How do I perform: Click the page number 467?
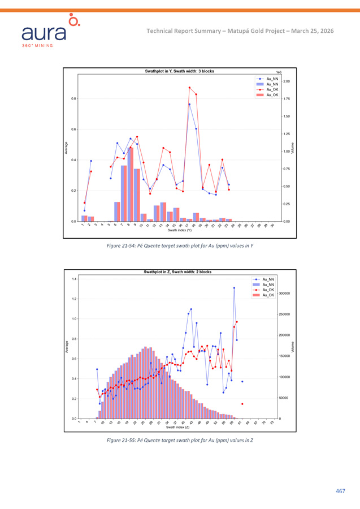coord(340,490)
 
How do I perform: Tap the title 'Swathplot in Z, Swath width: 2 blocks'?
coord(177,272)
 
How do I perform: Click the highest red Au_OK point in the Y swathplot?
coord(189,88)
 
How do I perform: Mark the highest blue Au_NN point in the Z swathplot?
coord(234,288)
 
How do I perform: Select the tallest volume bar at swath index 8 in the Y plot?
coord(131,184)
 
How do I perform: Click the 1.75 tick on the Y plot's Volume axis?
coord(287,99)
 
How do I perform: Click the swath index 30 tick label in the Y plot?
coord(272,226)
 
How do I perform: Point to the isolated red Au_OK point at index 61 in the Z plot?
coord(242,404)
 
